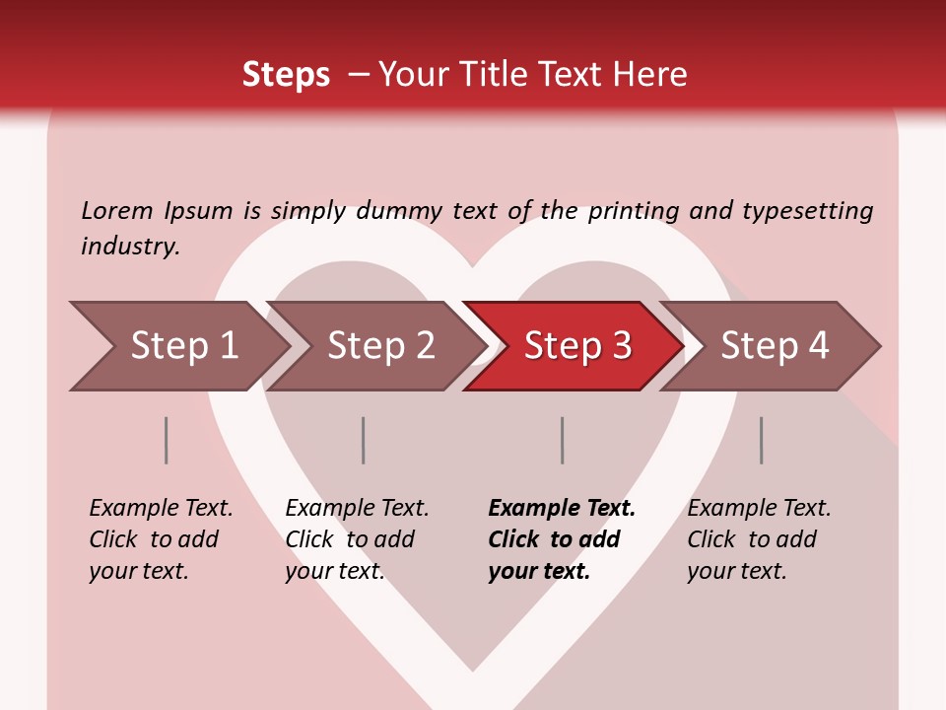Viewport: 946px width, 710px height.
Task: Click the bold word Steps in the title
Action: point(286,75)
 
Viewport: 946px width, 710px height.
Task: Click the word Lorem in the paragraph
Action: point(117,210)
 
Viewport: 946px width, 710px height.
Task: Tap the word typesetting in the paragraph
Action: point(807,210)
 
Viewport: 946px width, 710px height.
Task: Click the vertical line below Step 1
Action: point(167,440)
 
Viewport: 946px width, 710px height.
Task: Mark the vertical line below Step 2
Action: point(364,440)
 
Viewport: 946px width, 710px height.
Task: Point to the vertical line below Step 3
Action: point(563,440)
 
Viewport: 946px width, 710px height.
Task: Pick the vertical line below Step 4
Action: point(762,440)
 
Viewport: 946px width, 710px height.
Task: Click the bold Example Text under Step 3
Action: point(562,508)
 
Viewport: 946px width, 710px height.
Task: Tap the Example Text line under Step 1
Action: point(161,508)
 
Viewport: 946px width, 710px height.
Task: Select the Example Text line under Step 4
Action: point(759,508)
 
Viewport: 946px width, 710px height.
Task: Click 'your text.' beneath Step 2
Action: point(335,571)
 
